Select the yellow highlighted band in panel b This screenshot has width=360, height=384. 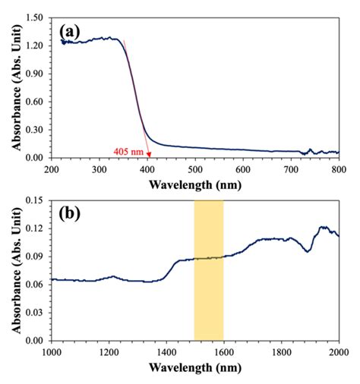point(209,269)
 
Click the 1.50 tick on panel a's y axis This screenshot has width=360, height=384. point(36,16)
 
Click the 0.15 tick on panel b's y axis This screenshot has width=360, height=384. point(36,201)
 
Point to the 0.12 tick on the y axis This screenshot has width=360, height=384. point(36,229)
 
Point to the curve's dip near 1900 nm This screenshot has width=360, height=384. point(308,251)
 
